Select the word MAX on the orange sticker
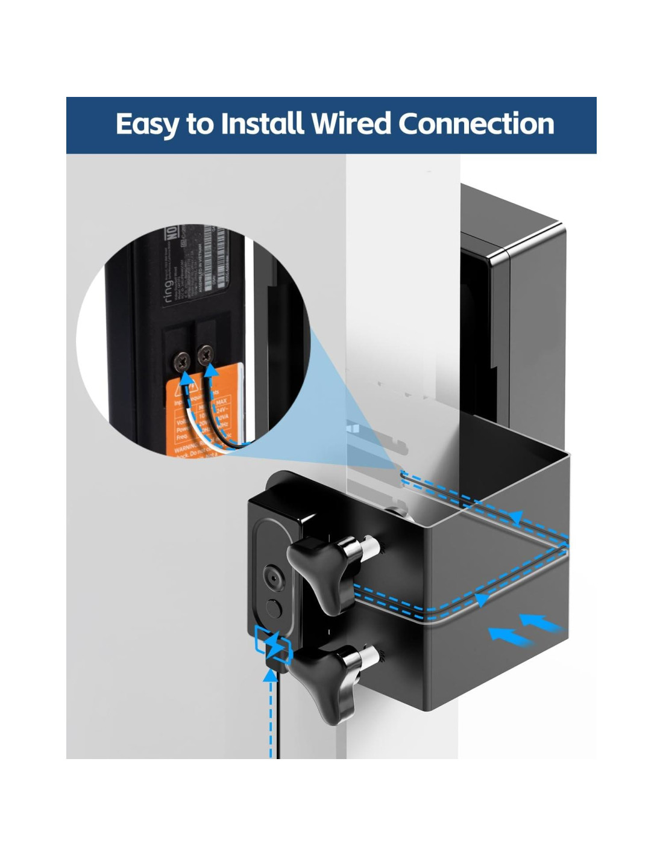221,401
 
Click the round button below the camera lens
274,609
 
